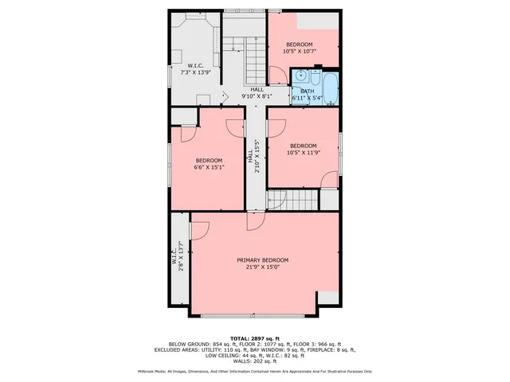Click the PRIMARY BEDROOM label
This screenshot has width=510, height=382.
tap(262, 260)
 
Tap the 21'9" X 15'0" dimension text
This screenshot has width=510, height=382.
tap(262, 267)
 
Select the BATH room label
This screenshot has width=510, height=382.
tap(307, 91)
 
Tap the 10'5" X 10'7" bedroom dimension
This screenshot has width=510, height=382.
tap(300, 51)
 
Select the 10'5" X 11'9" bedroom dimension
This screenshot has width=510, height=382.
tap(303, 152)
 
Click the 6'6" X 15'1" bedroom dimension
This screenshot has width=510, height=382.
tap(210, 167)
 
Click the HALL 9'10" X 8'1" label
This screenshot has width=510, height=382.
tap(257, 93)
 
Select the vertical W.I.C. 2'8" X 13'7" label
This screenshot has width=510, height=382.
tap(178, 257)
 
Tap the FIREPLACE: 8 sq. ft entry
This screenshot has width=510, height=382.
tap(330, 349)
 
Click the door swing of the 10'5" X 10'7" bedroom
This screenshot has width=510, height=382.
tap(276, 76)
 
